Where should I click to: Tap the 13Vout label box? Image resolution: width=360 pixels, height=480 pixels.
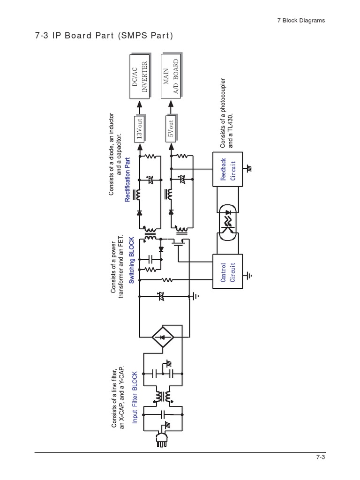(140, 127)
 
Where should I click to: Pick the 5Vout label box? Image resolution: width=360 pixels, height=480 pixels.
(171, 127)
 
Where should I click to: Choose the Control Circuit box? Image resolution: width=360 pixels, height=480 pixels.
(228, 271)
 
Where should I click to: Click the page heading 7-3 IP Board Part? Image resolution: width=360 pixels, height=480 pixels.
(104, 36)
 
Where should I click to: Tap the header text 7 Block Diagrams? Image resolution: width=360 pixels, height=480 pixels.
(298, 20)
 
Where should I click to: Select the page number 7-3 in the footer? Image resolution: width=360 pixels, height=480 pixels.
(320, 458)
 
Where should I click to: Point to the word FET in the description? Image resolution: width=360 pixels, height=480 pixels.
(122, 239)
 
